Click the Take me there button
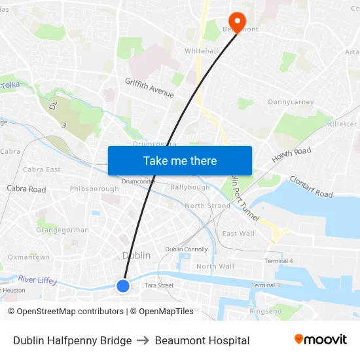tap(180, 161)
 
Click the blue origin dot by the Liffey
tap(123, 285)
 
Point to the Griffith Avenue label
tap(150, 88)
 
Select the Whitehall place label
tap(201, 50)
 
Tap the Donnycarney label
tap(291, 103)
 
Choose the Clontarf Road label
tap(311, 187)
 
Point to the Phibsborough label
tap(94, 189)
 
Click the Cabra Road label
tap(26, 189)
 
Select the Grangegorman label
tap(62, 230)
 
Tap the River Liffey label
tap(37, 280)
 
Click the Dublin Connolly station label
tap(186, 249)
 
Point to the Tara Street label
tap(158, 285)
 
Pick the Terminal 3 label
tap(265, 285)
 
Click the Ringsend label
tap(265, 312)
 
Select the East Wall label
tap(238, 234)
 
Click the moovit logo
tap(320, 340)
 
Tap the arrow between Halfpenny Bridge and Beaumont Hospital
tap(142, 340)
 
